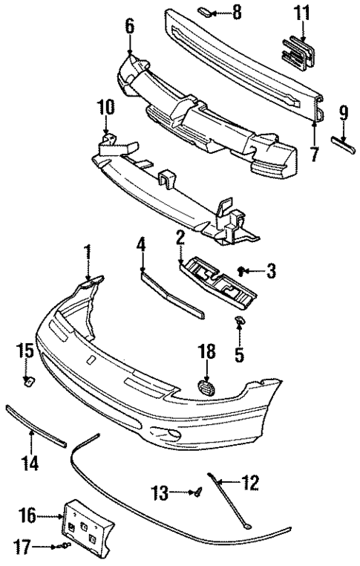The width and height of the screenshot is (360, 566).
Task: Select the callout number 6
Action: (x=130, y=27)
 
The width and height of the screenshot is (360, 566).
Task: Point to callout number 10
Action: (x=106, y=108)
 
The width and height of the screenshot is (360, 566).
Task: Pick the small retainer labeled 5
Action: (x=240, y=322)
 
